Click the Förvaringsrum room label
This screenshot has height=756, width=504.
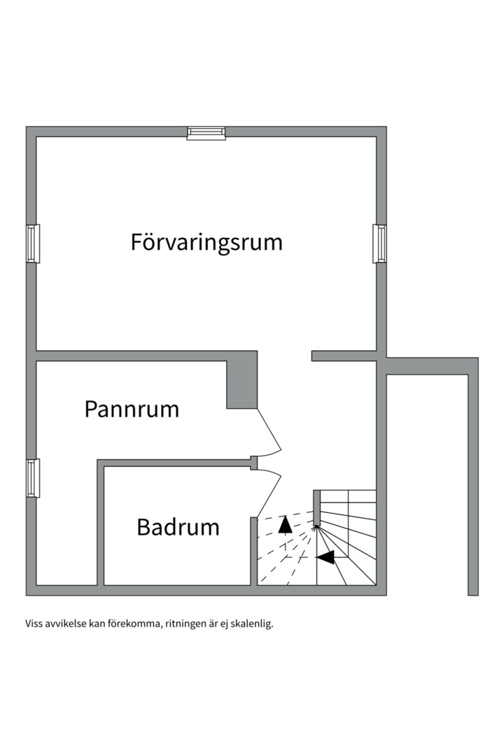tap(206, 242)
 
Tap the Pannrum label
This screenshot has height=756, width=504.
tap(132, 409)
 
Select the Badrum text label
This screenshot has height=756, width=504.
tap(178, 526)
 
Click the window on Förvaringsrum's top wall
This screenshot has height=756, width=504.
tap(206, 133)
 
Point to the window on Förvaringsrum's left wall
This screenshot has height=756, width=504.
tap(32, 243)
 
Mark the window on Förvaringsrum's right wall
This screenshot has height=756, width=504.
tap(380, 243)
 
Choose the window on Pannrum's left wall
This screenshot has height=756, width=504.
tap(32, 477)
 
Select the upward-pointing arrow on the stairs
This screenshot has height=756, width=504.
tap(285, 524)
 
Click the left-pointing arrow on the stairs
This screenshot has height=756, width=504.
tap(325, 557)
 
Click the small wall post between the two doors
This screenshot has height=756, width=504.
tap(254, 463)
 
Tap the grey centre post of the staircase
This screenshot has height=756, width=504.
tap(316, 508)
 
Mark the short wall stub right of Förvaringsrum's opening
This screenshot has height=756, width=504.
tap(344, 356)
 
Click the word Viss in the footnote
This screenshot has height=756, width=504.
tap(35, 623)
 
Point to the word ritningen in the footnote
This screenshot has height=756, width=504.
tap(187, 623)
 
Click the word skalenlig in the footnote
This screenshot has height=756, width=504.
tap(251, 623)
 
